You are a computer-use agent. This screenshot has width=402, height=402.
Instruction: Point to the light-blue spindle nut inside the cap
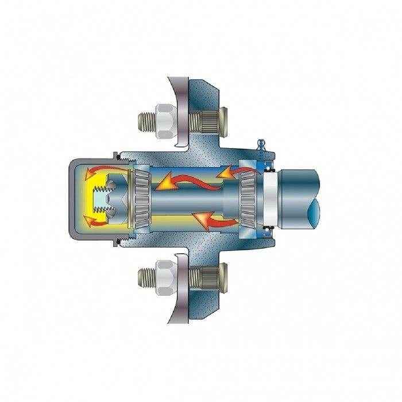point(115,195)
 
